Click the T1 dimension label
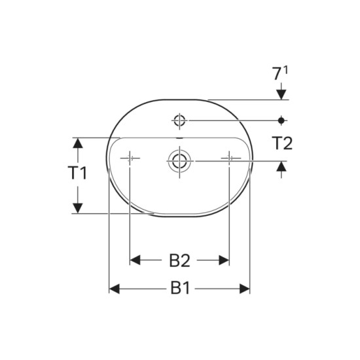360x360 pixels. point(78,173)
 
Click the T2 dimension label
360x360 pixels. point(282,143)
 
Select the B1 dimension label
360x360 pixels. point(180,289)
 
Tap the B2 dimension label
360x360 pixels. point(180,261)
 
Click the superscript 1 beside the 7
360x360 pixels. point(285,70)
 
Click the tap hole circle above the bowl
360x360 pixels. point(179,120)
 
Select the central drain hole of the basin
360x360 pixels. point(179,161)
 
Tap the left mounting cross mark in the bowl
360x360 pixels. point(130,158)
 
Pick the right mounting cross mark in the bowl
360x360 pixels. point(230,158)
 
